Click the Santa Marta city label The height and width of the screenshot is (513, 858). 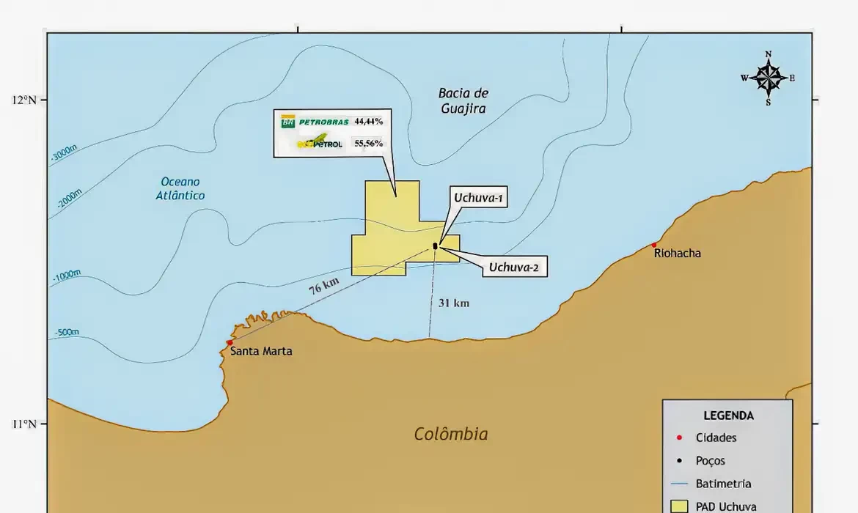[261, 351]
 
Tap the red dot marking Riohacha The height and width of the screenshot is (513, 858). [654, 245]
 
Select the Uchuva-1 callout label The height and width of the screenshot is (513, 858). [480, 198]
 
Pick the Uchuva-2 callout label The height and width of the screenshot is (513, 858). [513, 267]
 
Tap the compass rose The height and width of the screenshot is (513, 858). [768, 78]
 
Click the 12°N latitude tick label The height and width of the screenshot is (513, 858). [24, 100]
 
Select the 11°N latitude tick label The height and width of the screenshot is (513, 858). [24, 424]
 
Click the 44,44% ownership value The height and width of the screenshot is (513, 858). [368, 122]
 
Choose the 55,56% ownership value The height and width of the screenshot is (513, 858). [368, 143]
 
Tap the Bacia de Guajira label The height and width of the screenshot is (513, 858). [463, 101]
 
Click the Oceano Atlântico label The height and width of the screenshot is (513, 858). [180, 188]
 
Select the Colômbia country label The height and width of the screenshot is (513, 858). [451, 434]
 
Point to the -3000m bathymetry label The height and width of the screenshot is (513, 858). [64, 153]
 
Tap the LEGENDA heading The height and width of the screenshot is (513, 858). [728, 416]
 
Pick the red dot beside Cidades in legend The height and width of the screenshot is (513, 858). [679, 438]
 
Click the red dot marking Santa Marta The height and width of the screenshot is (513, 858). [230, 342]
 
